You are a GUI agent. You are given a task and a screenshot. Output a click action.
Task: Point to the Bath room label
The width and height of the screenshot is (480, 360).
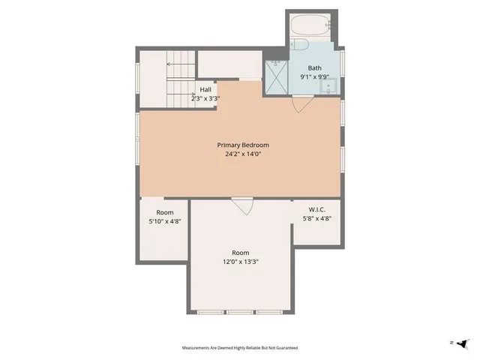pos(314,67)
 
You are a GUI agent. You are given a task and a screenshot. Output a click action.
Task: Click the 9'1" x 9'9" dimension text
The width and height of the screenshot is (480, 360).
pos(314,76)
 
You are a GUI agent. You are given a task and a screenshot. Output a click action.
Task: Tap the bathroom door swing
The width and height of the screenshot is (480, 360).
pos(300,105)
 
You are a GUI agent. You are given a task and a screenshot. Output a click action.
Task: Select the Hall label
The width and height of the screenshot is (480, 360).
pos(205,90)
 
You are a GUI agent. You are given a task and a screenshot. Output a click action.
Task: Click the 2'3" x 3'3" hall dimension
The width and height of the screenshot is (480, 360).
pos(205,98)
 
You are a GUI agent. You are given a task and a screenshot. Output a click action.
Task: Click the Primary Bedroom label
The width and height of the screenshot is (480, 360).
pos(243,145)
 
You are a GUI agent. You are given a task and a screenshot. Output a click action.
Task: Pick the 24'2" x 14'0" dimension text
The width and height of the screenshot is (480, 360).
pos(243,154)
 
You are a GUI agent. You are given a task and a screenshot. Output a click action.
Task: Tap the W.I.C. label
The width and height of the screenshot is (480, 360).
pos(316,209)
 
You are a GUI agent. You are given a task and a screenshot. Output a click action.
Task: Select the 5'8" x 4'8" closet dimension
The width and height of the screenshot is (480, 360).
pos(316,219)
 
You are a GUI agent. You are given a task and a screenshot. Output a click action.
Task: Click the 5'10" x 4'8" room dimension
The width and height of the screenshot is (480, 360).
pos(165,222)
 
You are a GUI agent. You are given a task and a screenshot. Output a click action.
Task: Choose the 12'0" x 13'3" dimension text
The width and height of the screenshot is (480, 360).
pos(240,262)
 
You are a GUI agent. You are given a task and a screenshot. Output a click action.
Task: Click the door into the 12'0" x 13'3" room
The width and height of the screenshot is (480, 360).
pos(241,205)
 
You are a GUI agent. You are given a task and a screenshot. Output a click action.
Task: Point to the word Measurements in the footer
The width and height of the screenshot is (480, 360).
pos(198,348)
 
